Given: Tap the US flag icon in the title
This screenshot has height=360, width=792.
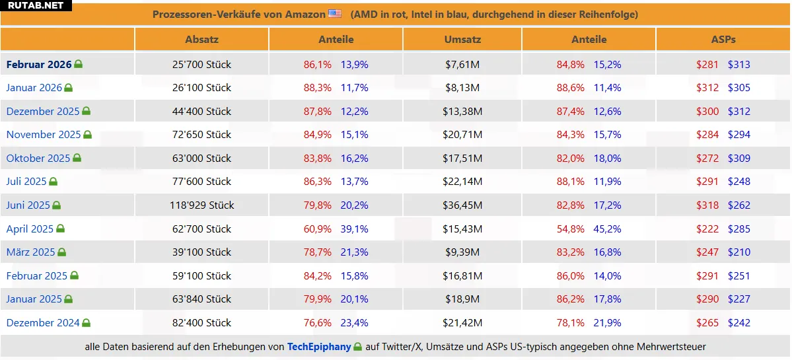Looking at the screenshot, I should point(335,14).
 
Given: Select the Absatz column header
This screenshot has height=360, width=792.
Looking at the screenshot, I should point(201,40).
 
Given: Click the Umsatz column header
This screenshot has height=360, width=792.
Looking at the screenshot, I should point(462,40).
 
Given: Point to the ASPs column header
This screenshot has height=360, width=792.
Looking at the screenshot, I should point(723,40).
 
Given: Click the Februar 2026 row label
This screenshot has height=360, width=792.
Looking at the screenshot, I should point(39,65).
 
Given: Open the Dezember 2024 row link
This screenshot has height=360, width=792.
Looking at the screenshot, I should point(43,323).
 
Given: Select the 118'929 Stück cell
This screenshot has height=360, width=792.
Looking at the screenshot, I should point(201,205).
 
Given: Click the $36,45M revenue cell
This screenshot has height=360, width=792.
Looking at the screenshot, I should point(462,205).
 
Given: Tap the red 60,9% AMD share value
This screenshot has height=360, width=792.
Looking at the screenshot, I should point(318,229).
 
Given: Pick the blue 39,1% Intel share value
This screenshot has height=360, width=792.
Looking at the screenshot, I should point(355,229).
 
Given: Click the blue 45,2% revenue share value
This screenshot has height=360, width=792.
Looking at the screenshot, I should point(608,229).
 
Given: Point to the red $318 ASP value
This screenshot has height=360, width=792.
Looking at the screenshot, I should point(707,205).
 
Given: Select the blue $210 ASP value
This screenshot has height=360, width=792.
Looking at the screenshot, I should point(739,252).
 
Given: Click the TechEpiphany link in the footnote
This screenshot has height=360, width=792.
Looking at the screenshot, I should point(319,347).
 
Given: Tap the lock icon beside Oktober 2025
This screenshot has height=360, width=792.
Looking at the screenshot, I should point(77,159).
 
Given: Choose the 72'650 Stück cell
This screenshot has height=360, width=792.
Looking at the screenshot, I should point(201,135).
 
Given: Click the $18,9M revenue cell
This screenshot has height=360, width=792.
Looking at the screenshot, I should point(462,299).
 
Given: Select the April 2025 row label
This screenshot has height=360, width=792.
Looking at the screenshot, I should point(30,229).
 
